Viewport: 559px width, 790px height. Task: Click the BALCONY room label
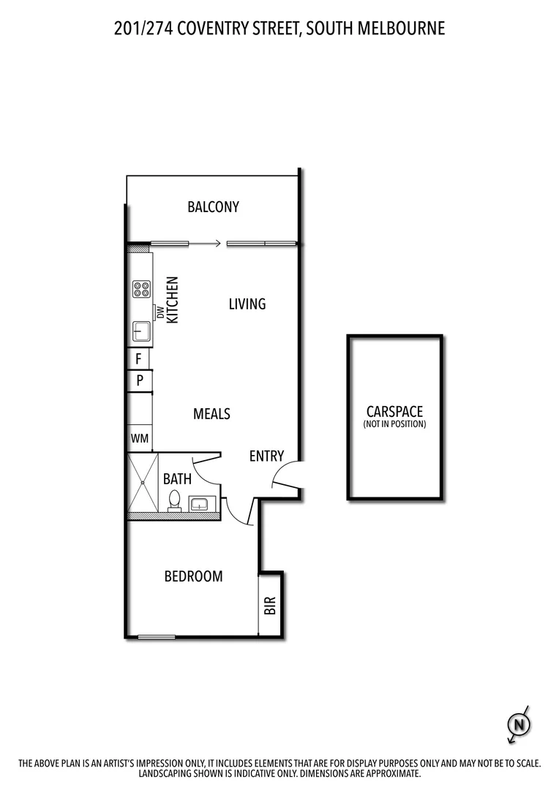tap(213, 207)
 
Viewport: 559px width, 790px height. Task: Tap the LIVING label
tap(247, 304)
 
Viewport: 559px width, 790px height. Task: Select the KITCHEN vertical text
tap(173, 300)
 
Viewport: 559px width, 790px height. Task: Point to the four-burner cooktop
tap(141, 289)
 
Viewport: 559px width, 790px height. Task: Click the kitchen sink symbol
tap(141, 333)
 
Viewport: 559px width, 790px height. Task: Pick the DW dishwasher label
tap(159, 312)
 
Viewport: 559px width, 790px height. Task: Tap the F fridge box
tap(139, 359)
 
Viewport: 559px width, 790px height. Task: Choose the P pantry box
tap(140, 381)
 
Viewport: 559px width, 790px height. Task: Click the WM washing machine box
tap(140, 439)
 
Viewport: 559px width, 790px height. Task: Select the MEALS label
tap(211, 414)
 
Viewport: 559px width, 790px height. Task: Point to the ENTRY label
tap(266, 456)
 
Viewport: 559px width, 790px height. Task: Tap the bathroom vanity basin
tap(200, 503)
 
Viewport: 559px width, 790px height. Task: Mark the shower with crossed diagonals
tap(143, 483)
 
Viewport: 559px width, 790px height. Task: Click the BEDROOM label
tap(193, 576)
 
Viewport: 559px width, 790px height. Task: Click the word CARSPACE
tap(394, 412)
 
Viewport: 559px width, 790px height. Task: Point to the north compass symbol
tap(519, 725)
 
